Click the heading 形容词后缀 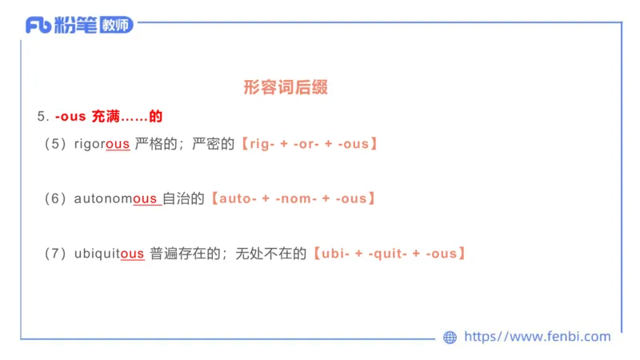(x=286, y=88)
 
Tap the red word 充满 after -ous (x=106, y=117)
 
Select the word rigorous (x=102, y=145)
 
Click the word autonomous (x=116, y=198)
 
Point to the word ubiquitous (x=109, y=254)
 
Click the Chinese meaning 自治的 (x=184, y=198)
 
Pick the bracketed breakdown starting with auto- (x=292, y=198)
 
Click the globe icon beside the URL (x=450, y=338)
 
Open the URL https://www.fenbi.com (x=537, y=337)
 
